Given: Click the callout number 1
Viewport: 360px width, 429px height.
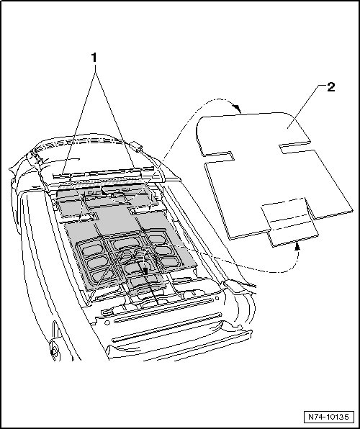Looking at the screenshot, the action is (x=94, y=58).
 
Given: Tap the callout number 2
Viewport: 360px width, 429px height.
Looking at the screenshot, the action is (x=331, y=88).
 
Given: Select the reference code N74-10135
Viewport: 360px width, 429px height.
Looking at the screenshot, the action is (x=328, y=417).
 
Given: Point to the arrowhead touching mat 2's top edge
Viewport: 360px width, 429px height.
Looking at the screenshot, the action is (x=238, y=109).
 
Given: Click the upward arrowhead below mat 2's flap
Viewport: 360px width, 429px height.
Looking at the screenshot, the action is (x=297, y=247).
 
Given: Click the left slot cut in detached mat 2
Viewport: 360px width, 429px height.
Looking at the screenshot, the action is (x=218, y=157).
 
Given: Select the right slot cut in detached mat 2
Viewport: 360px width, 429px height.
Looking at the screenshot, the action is (x=295, y=147).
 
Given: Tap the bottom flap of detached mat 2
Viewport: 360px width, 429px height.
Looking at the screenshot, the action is (x=290, y=222).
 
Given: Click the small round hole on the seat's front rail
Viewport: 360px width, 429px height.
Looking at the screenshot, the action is (x=107, y=322).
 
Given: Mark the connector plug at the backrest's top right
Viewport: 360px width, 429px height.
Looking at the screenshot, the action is (x=137, y=146).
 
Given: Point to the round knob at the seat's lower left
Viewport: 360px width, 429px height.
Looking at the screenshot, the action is (x=53, y=349).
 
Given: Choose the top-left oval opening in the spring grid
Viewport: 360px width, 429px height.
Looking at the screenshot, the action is (x=92, y=250).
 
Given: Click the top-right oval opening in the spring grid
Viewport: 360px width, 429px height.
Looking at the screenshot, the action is (x=157, y=239).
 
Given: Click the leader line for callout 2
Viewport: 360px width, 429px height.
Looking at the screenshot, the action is (x=306, y=106).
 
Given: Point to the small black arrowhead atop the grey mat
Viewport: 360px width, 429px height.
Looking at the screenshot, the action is (x=103, y=191).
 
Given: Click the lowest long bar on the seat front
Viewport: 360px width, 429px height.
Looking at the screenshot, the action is (x=167, y=328).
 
